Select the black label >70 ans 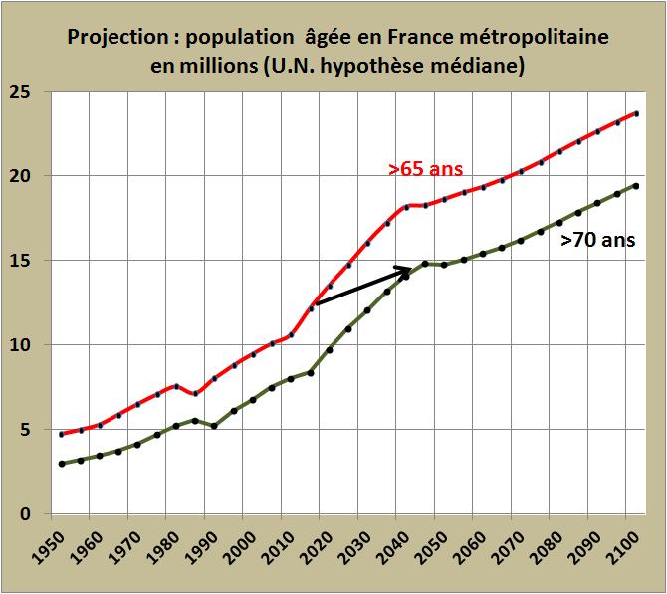(597, 240)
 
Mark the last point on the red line (636, 114)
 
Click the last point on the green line (636, 186)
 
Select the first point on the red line (62, 434)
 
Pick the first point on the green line (62, 464)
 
